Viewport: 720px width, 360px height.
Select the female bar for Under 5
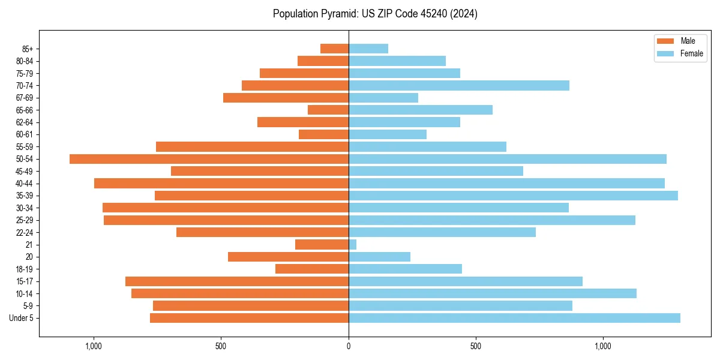click(514, 318)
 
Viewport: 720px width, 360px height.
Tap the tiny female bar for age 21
click(353, 245)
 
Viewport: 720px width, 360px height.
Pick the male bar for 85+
click(334, 49)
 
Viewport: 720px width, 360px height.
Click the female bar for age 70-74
click(459, 86)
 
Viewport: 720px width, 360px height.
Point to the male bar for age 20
click(288, 257)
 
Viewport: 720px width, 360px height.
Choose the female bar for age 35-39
click(513, 196)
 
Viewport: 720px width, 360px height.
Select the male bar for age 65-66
click(328, 110)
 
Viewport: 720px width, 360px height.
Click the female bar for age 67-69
click(383, 98)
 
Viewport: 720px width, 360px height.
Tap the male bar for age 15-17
click(237, 281)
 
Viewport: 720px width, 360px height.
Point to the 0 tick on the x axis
click(349, 346)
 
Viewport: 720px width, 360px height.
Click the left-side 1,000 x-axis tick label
click(94, 346)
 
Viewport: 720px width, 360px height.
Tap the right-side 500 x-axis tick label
click(476, 346)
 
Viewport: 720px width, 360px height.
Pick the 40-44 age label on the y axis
click(24, 184)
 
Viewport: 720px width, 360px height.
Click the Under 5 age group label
click(22, 318)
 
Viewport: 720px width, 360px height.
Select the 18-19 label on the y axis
click(24, 269)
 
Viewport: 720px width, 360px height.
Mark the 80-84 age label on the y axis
click(24, 61)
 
